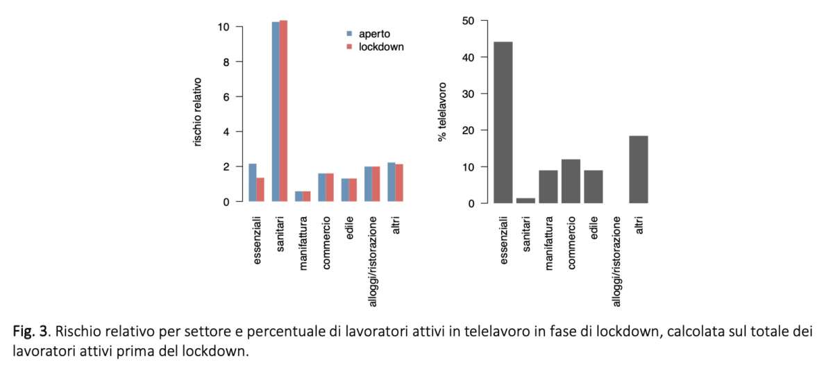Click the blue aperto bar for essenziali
(252, 182)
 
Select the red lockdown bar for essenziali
(260, 189)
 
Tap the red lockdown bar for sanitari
(283, 111)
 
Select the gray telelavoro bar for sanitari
(525, 200)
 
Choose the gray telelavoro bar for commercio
(571, 181)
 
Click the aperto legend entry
(373, 33)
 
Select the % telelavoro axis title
(442, 112)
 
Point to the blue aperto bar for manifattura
(298, 196)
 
